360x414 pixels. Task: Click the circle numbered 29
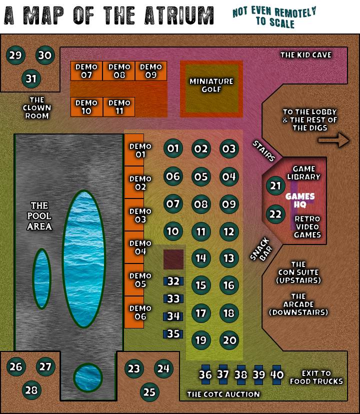point(15,55)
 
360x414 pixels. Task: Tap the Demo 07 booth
point(86,71)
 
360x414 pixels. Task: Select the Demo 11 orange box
point(119,107)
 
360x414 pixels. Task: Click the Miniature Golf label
point(211,85)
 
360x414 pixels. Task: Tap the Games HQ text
point(300,200)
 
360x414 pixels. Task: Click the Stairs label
point(263,151)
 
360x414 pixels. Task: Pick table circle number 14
point(201,258)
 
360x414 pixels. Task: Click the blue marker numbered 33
point(173,299)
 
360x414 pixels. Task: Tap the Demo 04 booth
point(134,247)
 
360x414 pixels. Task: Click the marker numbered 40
point(277,374)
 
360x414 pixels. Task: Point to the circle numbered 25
point(149,392)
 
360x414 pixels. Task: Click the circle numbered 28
point(31,390)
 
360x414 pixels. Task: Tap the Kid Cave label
point(305,54)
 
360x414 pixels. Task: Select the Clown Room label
point(37,107)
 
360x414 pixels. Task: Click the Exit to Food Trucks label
point(316,377)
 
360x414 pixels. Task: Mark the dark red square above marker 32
point(173,259)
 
